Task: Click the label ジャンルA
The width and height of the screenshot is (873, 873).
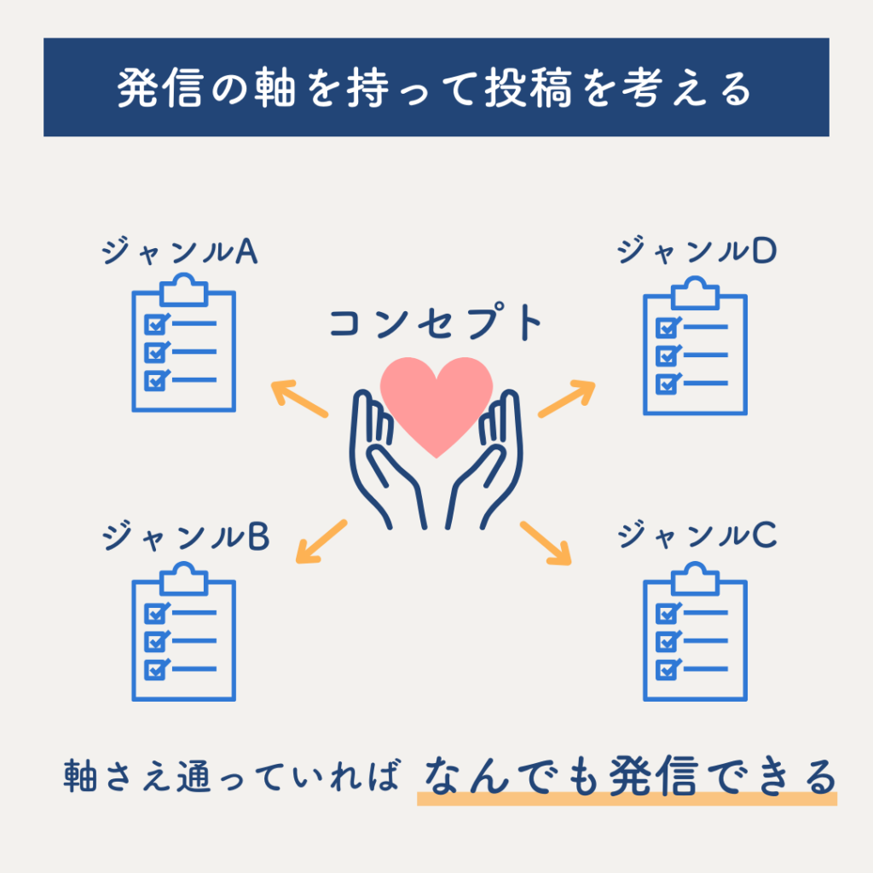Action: coord(181,251)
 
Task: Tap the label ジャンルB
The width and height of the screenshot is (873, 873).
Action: coord(186,536)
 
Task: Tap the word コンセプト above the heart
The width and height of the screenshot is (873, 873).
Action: coord(436,325)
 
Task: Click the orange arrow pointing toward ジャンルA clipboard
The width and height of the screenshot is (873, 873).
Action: coord(299,399)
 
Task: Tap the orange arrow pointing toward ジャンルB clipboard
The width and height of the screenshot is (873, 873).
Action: coord(321,542)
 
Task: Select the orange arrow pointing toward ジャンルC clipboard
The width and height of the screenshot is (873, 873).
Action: coord(546,543)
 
